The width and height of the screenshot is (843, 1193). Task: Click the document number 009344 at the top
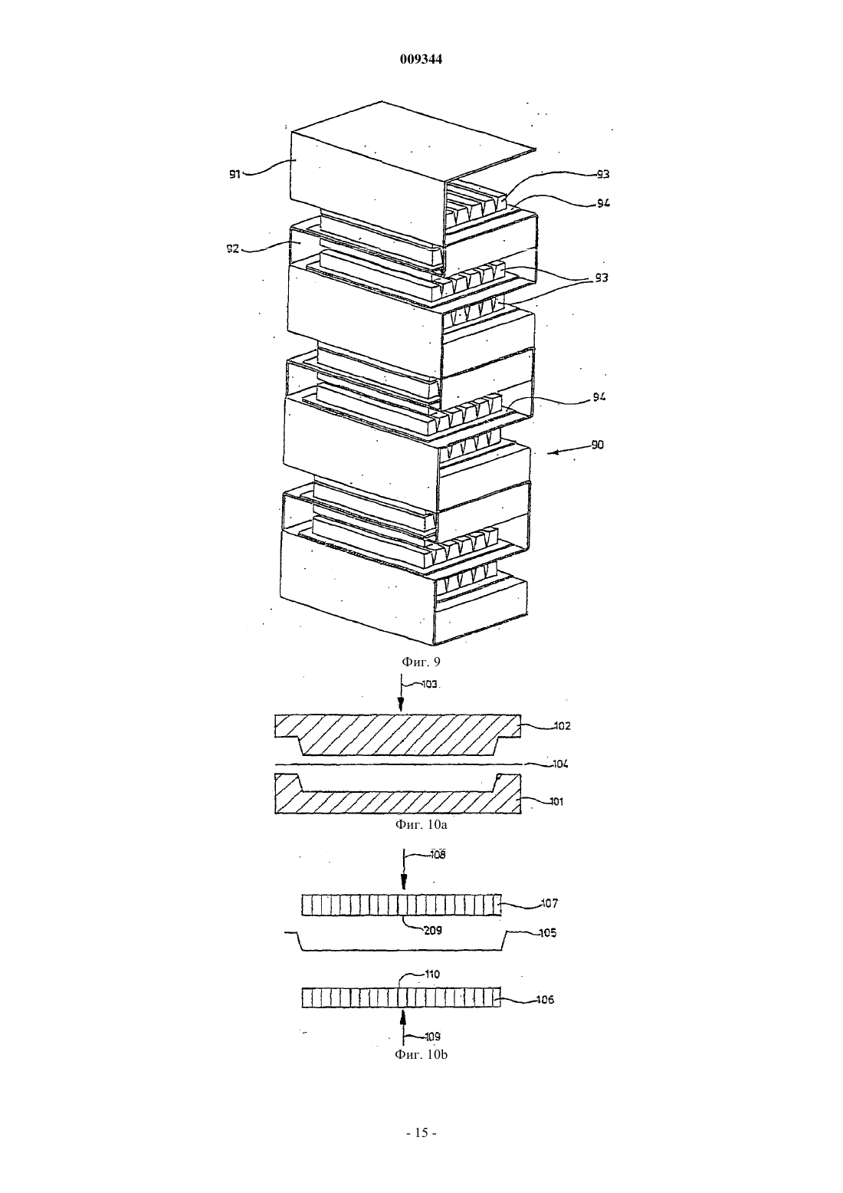421,59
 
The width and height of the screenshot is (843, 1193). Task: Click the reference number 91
235,174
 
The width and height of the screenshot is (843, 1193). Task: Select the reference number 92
233,248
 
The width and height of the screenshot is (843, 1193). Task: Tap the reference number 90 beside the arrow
598,445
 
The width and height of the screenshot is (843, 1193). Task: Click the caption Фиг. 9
421,662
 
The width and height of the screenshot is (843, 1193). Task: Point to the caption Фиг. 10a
421,825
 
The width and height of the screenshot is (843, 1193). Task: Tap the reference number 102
562,726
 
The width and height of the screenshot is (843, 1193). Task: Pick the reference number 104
559,764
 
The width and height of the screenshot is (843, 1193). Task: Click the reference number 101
556,801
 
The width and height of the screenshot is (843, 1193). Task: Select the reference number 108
438,855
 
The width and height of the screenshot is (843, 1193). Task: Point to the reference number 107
549,903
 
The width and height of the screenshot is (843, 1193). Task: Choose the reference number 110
432,974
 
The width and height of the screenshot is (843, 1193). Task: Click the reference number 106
545,1000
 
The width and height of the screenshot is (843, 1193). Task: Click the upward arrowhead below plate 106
403,1017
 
